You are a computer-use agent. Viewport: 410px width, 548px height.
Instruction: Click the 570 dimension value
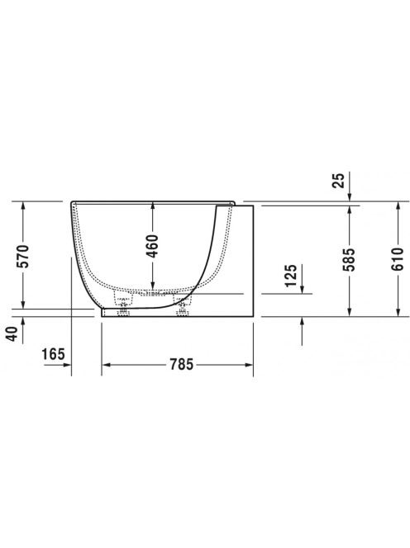click(x=24, y=256)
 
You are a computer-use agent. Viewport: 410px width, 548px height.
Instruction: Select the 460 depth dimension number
click(x=153, y=247)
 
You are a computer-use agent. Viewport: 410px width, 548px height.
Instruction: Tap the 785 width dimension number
click(x=182, y=365)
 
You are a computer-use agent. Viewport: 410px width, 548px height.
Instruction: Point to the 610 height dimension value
click(x=398, y=259)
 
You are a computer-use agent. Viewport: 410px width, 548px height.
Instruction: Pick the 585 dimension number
click(x=349, y=260)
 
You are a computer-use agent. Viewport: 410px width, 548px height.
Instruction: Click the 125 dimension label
click(x=291, y=276)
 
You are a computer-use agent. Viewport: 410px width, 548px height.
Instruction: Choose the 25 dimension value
click(x=339, y=181)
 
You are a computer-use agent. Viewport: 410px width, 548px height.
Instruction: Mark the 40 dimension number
click(x=12, y=333)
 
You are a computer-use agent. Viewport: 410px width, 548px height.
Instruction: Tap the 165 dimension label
click(x=54, y=354)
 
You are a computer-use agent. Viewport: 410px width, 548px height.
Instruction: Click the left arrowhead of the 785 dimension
click(x=106, y=365)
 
